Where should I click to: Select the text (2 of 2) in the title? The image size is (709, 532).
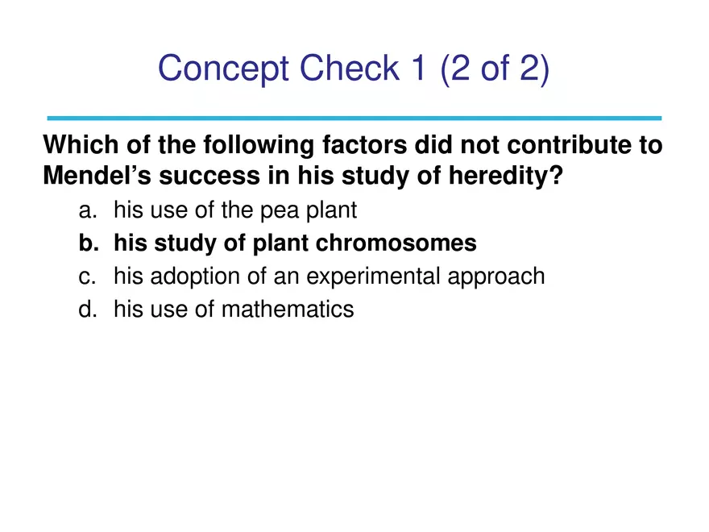pyautogui.click(x=495, y=69)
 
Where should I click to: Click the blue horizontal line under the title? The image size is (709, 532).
pyautogui.click(x=354, y=118)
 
